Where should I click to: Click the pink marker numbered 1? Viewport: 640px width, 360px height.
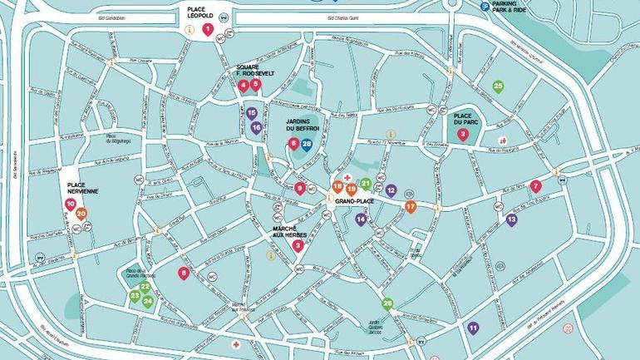point(208,29)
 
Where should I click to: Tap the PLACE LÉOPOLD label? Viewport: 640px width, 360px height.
point(208,11)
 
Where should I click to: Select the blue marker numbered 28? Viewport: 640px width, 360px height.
point(307,145)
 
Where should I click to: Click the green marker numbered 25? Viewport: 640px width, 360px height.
point(498,86)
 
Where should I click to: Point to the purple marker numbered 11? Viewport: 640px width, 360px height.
point(473,328)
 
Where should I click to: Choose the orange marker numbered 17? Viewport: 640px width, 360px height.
point(411,206)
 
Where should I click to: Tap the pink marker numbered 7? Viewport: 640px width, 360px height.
point(535,186)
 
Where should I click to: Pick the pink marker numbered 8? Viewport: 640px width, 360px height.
point(184,273)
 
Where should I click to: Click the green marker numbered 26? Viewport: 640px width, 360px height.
point(387,303)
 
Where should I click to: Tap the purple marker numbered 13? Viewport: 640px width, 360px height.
point(511,219)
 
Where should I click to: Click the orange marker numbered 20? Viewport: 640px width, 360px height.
point(81,214)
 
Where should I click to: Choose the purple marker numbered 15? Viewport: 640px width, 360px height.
point(251,112)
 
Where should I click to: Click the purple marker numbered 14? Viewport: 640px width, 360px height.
point(361,219)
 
